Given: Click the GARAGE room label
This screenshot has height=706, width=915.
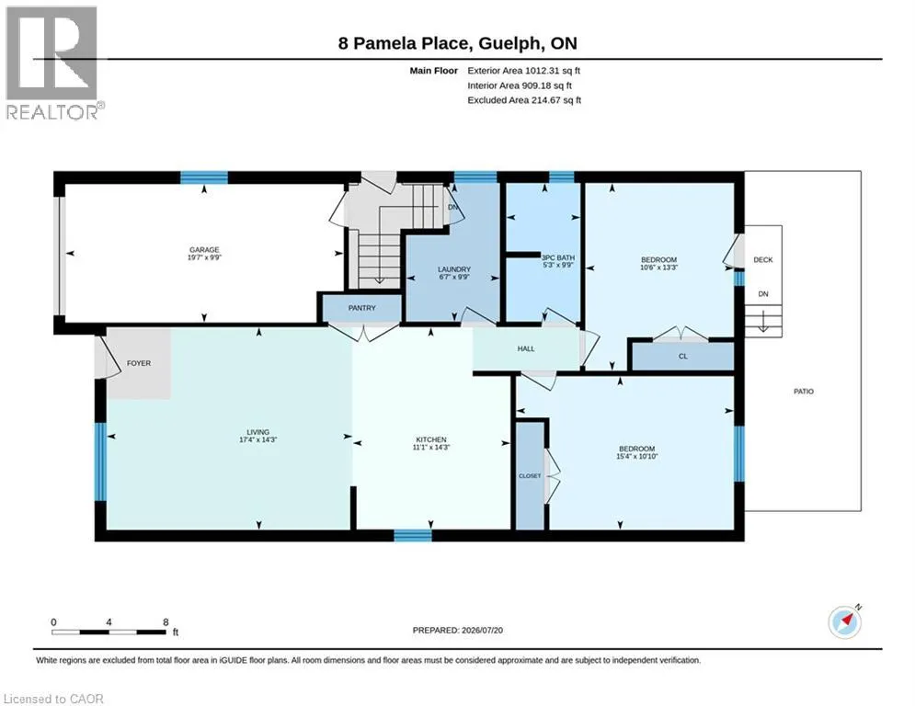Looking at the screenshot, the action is [203, 250].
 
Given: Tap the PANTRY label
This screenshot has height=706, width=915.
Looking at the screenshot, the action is [361, 308].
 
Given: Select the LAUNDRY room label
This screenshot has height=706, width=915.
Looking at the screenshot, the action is [454, 269].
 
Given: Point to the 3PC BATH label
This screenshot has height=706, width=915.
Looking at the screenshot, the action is [558, 257].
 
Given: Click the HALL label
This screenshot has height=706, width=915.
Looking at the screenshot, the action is [526, 349].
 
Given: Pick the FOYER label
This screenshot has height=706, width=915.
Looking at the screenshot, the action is [139, 363].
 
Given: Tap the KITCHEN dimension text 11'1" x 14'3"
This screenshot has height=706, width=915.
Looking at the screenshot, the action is [431, 448].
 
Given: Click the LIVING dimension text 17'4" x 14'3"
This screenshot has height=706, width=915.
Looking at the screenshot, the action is [257, 440].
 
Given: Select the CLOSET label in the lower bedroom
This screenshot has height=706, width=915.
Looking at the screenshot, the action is [530, 476].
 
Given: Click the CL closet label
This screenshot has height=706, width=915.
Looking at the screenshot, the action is [682, 357].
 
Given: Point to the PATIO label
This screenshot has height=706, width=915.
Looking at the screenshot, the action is [804, 392].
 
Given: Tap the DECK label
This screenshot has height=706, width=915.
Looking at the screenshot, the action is [762, 259].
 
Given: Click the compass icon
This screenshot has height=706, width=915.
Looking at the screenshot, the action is [845, 622].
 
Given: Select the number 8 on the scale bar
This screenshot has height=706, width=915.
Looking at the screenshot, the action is [166, 622].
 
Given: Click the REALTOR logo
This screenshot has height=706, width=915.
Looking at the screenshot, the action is [52, 63].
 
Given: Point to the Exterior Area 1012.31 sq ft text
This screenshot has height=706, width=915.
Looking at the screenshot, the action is [523, 71].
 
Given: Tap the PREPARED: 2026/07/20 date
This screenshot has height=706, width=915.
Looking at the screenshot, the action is [458, 630].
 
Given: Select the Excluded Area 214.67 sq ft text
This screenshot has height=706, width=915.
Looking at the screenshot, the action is [524, 100].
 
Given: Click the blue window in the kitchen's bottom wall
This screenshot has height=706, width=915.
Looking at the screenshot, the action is [413, 535].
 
